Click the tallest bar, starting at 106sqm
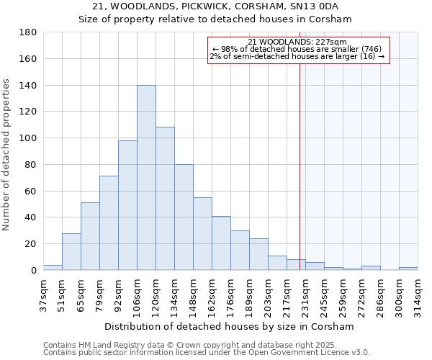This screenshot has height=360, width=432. click(146, 178)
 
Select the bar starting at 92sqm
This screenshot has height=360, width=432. click(127, 205)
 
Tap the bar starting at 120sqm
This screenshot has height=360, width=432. click(165, 199)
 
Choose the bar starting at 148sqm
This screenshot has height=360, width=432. click(202, 234)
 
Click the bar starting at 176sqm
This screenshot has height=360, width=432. click(240, 251)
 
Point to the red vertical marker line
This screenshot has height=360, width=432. click(300, 166)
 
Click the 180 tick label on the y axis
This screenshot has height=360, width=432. click(28, 32)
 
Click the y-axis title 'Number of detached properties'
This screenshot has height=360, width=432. click(6, 166)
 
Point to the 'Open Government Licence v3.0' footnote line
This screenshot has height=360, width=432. click(206, 353)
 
